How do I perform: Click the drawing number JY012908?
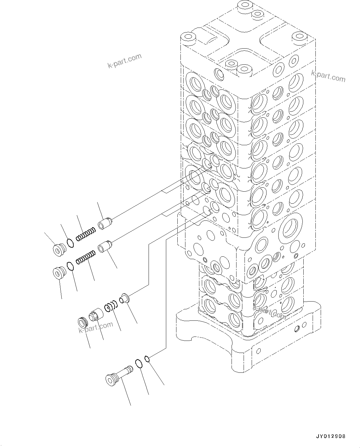[x=330, y=437]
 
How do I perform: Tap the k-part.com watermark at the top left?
[x=124, y=61]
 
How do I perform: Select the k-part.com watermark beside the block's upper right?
[x=328, y=76]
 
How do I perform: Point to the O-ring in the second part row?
[x=70, y=266]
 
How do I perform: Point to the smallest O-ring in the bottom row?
[x=147, y=359]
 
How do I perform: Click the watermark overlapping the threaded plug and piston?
[x=96, y=327]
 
